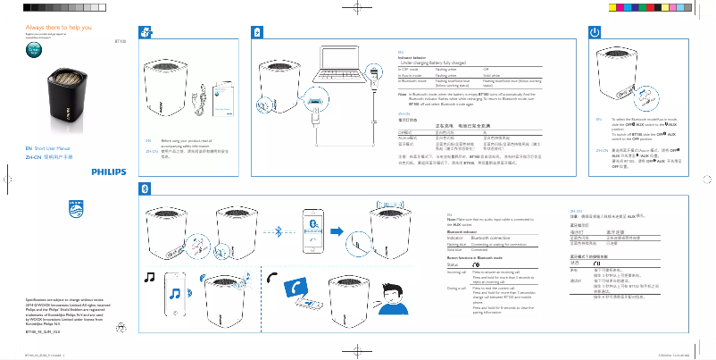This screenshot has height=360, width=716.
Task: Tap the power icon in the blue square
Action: (593, 32)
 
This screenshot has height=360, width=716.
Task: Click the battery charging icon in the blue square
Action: (258, 32)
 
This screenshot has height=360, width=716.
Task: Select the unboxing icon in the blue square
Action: (147, 32)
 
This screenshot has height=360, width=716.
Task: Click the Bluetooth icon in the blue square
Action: (147, 187)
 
